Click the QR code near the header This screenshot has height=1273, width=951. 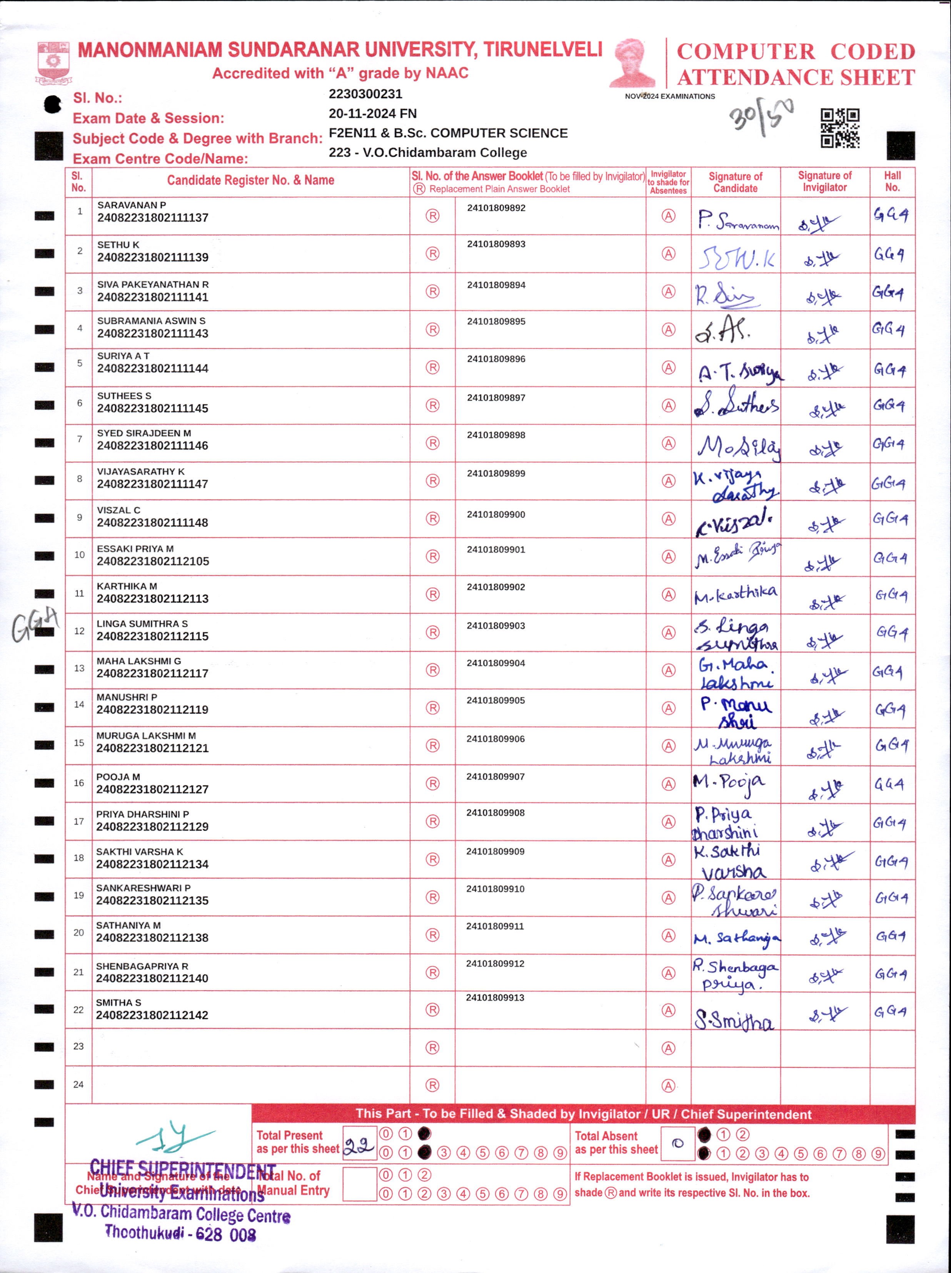(x=840, y=128)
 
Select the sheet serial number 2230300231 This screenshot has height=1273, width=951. (x=365, y=94)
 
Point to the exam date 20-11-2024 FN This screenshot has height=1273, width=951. (x=373, y=114)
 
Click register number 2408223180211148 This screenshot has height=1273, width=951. (x=152, y=523)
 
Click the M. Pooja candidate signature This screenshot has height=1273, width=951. (x=729, y=783)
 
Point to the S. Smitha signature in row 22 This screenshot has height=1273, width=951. (x=734, y=1020)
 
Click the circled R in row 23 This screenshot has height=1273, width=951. (x=432, y=1047)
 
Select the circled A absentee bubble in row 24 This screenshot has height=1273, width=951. (x=668, y=1085)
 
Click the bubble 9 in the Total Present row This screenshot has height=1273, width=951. (x=560, y=1153)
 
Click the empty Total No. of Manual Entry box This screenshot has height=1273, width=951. (x=359, y=1184)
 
